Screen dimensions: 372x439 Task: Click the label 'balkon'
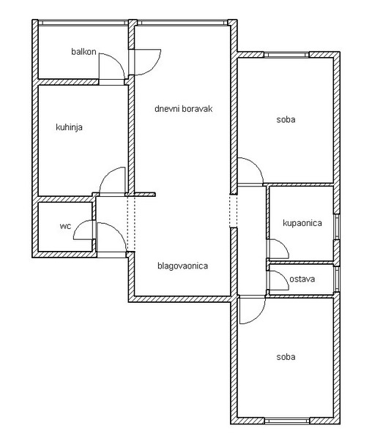[83, 52]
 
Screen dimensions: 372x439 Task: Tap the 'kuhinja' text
[69, 127]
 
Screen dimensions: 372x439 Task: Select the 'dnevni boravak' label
[184, 108]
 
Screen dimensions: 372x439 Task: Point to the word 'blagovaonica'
[182, 266]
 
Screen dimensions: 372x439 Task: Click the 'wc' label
[66, 226]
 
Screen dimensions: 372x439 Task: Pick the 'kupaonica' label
[302, 223]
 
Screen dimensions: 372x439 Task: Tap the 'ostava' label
[302, 279]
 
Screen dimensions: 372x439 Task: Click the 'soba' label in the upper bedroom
[286, 119]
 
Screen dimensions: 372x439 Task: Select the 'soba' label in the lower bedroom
[286, 357]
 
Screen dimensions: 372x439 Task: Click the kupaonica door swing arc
[283, 244]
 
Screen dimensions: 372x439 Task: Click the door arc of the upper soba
[256, 165]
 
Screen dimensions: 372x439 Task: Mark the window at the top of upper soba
[286, 55]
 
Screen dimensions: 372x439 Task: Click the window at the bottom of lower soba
[287, 421]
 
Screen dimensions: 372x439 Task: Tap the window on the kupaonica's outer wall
[337, 227]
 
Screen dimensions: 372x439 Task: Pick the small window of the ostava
[337, 279]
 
